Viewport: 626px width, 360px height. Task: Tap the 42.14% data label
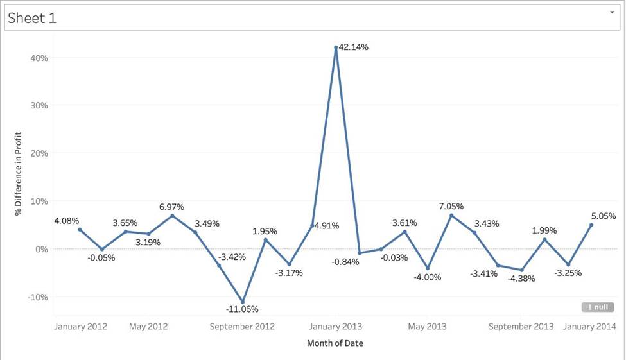[x=354, y=47]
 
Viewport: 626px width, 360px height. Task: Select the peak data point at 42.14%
[x=336, y=47]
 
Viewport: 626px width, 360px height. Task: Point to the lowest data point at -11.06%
[x=242, y=302]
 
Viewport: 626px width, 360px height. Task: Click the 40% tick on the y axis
[x=39, y=58]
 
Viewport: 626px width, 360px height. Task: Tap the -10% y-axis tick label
[x=37, y=297]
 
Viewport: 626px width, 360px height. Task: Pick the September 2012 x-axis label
[x=242, y=327]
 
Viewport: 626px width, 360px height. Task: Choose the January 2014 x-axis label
[x=589, y=327]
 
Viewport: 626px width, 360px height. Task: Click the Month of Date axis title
[x=335, y=343]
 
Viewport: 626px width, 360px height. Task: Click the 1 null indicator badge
[x=598, y=307]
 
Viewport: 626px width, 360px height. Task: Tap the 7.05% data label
[x=451, y=206]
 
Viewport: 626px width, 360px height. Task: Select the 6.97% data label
[x=171, y=207]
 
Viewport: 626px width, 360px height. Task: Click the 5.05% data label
[x=604, y=216]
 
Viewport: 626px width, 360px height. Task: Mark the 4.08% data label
[x=66, y=221]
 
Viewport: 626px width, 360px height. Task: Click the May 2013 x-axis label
[x=428, y=327]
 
